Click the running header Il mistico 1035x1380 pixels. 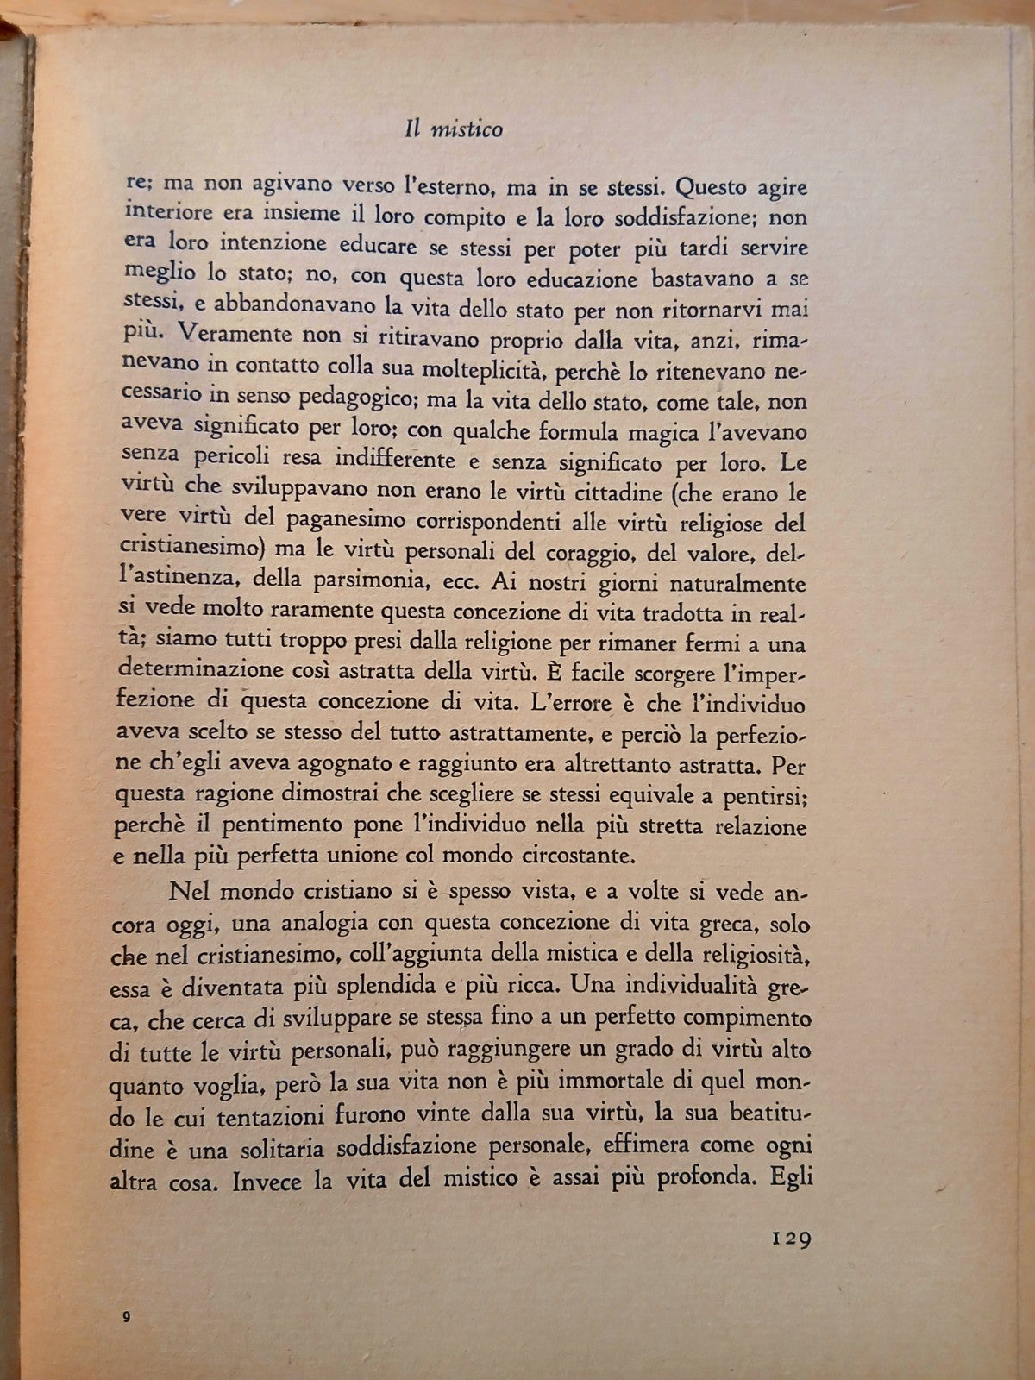coord(454,129)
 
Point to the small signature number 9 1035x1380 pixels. coord(126,1317)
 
